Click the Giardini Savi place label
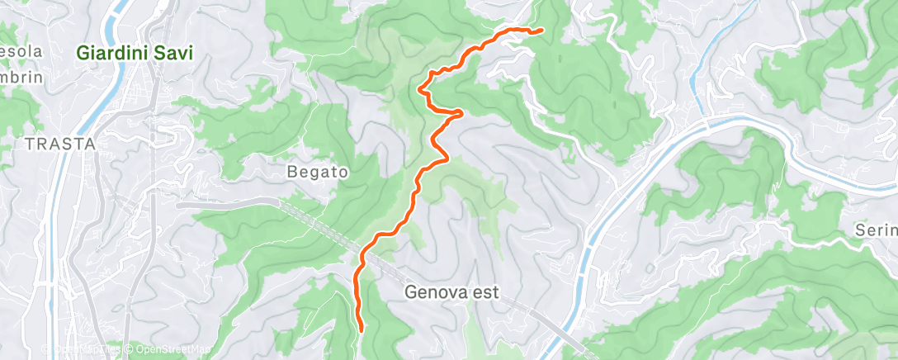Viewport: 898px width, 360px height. [135, 53]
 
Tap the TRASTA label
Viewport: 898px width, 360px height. [61, 144]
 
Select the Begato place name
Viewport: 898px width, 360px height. [318, 173]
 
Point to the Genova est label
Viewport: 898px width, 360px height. [452, 291]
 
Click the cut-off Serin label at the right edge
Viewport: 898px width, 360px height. [877, 234]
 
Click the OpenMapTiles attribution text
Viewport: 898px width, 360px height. [87, 350]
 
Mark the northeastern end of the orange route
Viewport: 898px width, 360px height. [541, 31]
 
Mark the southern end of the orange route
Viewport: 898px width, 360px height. [362, 330]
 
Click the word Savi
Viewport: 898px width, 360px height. [176, 53]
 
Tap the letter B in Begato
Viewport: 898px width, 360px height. [291, 173]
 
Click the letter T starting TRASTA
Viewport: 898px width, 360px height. [30, 144]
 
